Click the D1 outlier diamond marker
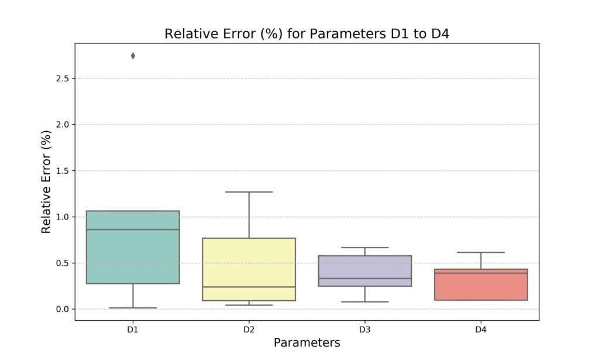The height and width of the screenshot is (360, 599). pyautogui.click(x=133, y=56)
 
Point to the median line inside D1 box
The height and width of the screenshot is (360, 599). pyautogui.click(x=133, y=229)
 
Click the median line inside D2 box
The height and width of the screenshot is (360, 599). pyautogui.click(x=249, y=287)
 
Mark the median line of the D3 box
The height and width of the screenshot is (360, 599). pyautogui.click(x=364, y=278)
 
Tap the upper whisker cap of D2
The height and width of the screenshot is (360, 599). pyautogui.click(x=249, y=192)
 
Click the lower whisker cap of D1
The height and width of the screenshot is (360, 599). pyautogui.click(x=133, y=307)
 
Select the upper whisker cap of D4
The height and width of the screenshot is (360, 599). pyautogui.click(x=481, y=252)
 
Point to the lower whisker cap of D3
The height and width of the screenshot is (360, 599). pyautogui.click(x=364, y=301)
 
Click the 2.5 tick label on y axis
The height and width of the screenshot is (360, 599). pyautogui.click(x=62, y=78)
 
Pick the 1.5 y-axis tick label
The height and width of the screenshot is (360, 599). pyautogui.click(x=62, y=171)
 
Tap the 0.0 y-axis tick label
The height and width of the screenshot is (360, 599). pyautogui.click(x=62, y=309)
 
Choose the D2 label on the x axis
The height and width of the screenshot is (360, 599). pyautogui.click(x=249, y=330)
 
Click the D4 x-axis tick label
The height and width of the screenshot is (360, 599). pyautogui.click(x=481, y=330)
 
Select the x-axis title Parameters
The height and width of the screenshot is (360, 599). pyautogui.click(x=307, y=342)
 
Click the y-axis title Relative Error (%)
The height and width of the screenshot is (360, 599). pyautogui.click(x=47, y=182)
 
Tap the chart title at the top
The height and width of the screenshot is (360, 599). pyautogui.click(x=307, y=34)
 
